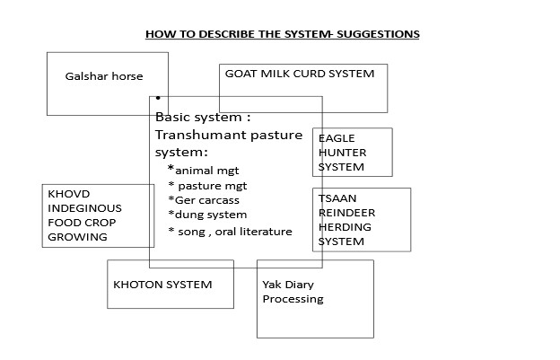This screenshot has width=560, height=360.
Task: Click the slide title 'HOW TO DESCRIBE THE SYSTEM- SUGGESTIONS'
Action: pyautogui.click(x=283, y=34)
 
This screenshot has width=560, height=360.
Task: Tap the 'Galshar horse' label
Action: pyautogui.click(x=104, y=76)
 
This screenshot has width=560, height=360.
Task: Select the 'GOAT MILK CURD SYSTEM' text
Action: pyautogui.click(x=300, y=74)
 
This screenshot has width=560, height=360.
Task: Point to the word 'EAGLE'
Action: pyautogui.click(x=337, y=138)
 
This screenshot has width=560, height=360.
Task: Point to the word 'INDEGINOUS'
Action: pyautogui.click(x=84, y=208)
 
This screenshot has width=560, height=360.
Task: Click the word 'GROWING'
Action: pyautogui.click(x=78, y=237)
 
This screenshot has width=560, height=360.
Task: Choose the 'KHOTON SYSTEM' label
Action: pyautogui.click(x=162, y=285)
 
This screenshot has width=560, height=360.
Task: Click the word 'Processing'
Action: pyautogui.click(x=293, y=299)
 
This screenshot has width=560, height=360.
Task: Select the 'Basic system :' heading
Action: pyautogui.click(x=203, y=118)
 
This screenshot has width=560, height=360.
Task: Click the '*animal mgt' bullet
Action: pyautogui.click(x=204, y=170)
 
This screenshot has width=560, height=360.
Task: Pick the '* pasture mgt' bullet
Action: pyautogui.click(x=207, y=186)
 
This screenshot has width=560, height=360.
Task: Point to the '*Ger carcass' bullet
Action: pyautogui.click(x=204, y=200)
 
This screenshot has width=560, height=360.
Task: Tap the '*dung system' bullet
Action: pyautogui.click(x=207, y=215)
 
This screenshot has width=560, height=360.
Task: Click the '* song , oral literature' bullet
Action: pyautogui.click(x=231, y=232)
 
